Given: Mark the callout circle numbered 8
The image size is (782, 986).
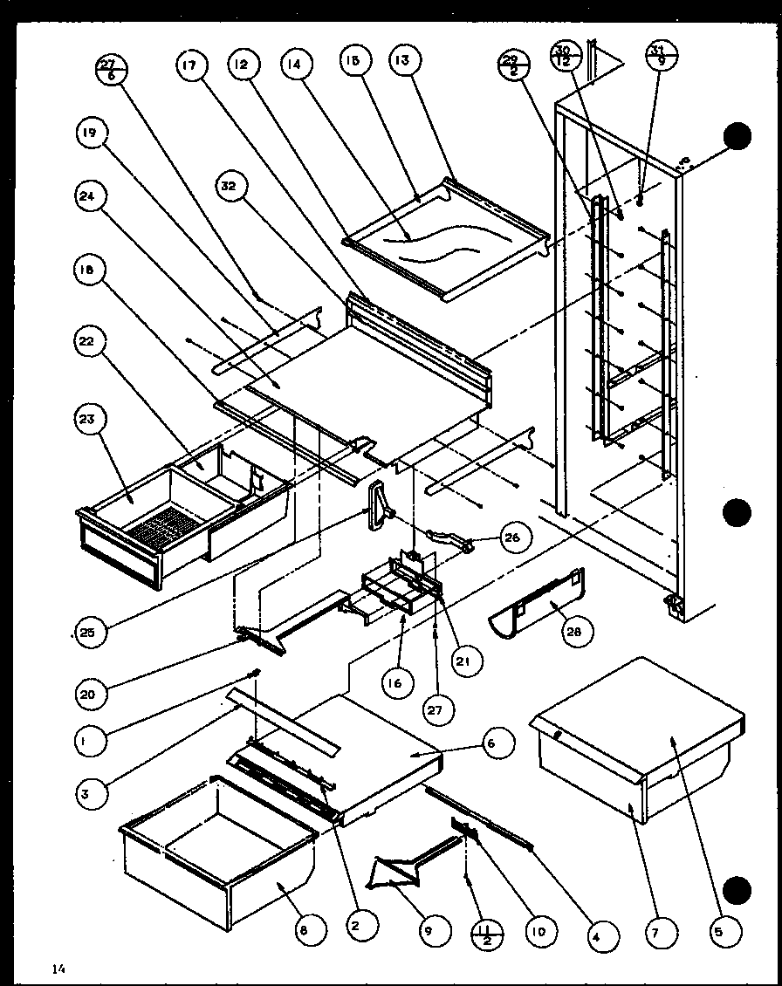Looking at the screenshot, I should pyautogui.click(x=303, y=931).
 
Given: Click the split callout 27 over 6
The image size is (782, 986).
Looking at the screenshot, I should pyautogui.click(x=111, y=68).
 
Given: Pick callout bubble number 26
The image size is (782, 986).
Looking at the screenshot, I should pyautogui.click(x=511, y=538).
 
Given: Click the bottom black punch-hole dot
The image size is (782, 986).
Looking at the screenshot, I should pyautogui.click(x=738, y=889).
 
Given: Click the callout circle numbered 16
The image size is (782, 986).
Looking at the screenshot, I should pyautogui.click(x=395, y=682).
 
